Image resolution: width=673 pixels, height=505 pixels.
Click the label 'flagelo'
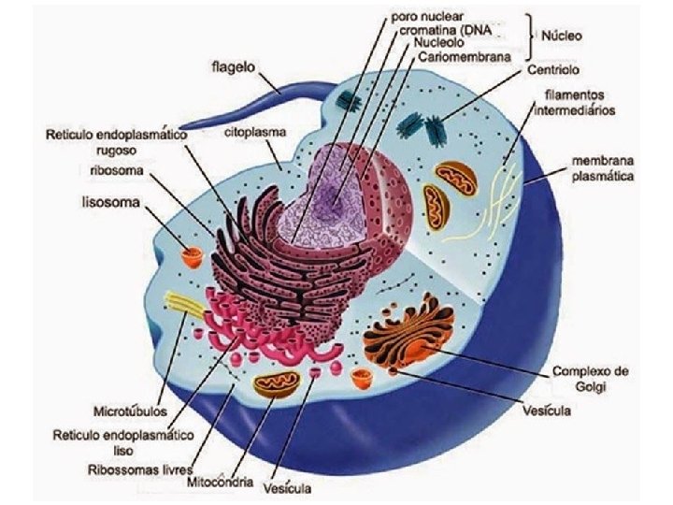point(234,68)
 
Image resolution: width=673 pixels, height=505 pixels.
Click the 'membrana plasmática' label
point(603,168)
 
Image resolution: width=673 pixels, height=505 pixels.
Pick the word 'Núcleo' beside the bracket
point(562,36)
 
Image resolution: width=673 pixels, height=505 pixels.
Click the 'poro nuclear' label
point(428,17)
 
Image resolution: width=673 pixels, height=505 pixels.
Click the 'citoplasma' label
point(254,134)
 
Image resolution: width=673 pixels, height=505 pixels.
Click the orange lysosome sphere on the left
point(193,253)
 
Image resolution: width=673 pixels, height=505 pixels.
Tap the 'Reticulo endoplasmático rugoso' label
point(117,142)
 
